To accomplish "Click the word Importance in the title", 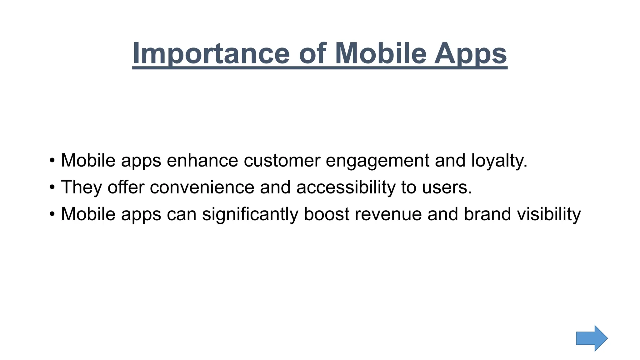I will click(x=211, y=53).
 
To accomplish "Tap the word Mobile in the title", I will click(x=381, y=53).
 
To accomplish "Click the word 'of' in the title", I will click(x=312, y=53).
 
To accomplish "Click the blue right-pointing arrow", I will click(x=592, y=338).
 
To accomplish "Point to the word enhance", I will click(x=202, y=160).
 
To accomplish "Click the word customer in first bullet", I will click(x=282, y=160).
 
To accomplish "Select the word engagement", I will click(x=377, y=160).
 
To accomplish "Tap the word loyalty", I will click(x=499, y=160).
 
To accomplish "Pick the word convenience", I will click(x=202, y=187).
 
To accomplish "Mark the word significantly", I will click(x=250, y=214).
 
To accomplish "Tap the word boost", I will click(x=326, y=214).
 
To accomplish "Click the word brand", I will click(x=487, y=214).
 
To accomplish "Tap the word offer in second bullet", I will click(x=126, y=187).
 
